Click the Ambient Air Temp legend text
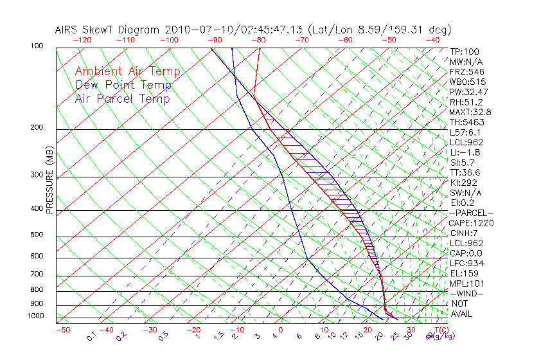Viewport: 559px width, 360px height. coord(127,71)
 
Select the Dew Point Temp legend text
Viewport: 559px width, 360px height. coord(123,85)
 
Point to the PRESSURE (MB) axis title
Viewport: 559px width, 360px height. coord(49,180)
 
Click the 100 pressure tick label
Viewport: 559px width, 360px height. coord(37,46)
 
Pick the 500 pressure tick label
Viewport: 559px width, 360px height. coord(37,235)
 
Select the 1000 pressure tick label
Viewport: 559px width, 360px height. coord(35,316)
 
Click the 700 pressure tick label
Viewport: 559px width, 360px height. coord(37,274)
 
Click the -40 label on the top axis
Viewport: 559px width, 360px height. coord(432,39)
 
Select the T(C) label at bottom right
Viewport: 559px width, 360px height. coord(439,330)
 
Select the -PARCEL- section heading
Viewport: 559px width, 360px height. coord(471,213)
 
